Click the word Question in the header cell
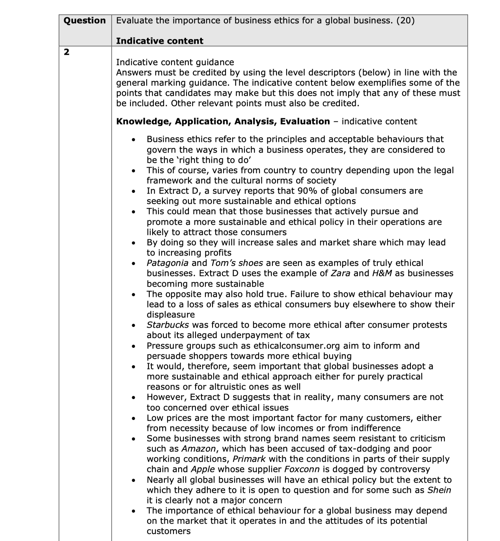(x=84, y=21)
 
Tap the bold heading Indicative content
(x=160, y=41)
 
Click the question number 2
(x=67, y=52)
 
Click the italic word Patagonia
(x=168, y=263)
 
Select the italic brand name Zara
(x=341, y=273)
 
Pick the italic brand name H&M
(x=382, y=273)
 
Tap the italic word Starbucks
(x=168, y=325)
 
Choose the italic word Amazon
(x=199, y=449)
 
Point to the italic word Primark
(x=249, y=459)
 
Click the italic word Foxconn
(x=302, y=469)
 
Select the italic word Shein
(x=439, y=490)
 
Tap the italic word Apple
(x=203, y=469)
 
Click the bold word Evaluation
(x=305, y=121)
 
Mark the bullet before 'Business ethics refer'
(x=135, y=140)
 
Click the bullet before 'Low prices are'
(x=135, y=418)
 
